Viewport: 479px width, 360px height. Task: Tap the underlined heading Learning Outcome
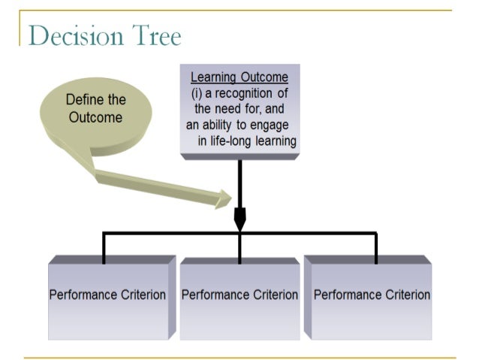point(239,77)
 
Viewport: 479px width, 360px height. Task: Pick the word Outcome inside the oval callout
point(95,118)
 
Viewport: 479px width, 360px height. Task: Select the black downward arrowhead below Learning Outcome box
point(239,219)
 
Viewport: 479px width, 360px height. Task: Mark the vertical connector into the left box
point(104,248)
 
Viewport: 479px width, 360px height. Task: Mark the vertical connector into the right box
point(375,248)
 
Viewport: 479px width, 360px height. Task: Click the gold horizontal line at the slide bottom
point(239,357)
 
